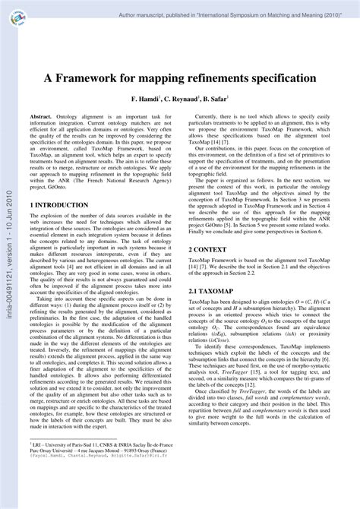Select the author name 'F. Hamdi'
(145, 100)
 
